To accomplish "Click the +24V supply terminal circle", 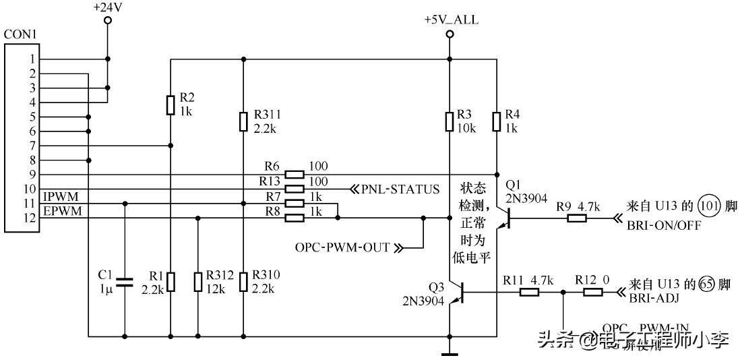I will (x=108, y=22).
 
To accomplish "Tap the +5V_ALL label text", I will (x=451, y=20).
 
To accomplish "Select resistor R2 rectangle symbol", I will (x=170, y=104).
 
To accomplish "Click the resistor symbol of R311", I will (x=243, y=121).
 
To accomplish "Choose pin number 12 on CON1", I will (x=30, y=218).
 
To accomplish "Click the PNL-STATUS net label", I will (x=401, y=189).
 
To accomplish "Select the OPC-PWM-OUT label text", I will (x=342, y=247).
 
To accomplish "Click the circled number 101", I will (x=706, y=204).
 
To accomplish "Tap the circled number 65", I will (x=706, y=284).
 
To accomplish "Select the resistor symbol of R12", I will (x=593, y=292).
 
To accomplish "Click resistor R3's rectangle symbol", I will (x=449, y=121).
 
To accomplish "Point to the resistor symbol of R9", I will (x=577, y=218).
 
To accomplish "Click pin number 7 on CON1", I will (x=32, y=145).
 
